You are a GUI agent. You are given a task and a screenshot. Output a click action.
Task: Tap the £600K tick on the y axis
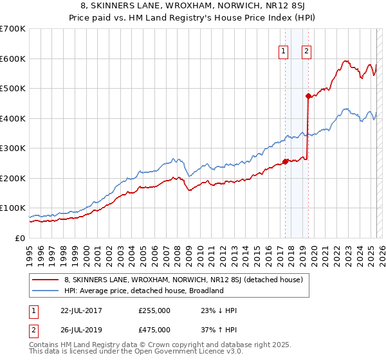13,59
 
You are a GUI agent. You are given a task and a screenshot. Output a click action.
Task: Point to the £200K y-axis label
13,178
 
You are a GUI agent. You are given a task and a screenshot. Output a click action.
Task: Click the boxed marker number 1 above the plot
284,52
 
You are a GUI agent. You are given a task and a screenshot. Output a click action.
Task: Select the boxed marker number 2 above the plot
307,52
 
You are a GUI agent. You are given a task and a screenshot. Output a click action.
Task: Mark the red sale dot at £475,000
308,96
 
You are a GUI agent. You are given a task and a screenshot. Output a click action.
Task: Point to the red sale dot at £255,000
285,162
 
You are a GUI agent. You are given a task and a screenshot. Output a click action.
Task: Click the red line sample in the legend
45,280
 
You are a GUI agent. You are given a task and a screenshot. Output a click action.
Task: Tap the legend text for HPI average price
143,291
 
